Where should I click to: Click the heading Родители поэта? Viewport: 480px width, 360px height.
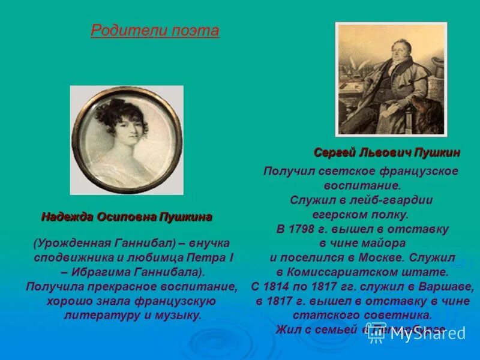click(x=155, y=31)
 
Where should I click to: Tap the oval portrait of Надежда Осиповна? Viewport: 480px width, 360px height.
click(x=127, y=140)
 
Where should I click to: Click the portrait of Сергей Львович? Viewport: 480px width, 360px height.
click(x=391, y=79)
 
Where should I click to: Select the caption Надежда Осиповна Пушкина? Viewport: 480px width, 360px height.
click(x=127, y=217)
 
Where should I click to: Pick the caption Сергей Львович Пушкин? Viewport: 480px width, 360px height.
click(x=387, y=153)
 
